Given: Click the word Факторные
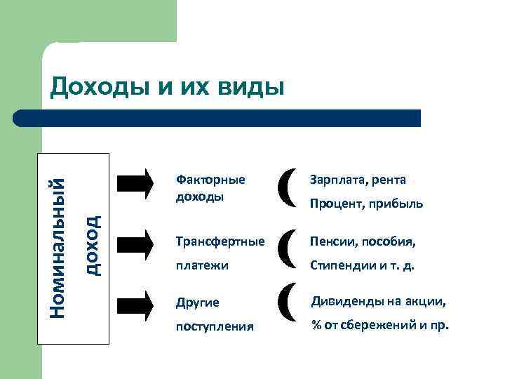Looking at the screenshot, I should pos(210,180).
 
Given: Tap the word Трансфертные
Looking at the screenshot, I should pos(220,242).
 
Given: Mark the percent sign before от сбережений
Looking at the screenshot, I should pos(316,326).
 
